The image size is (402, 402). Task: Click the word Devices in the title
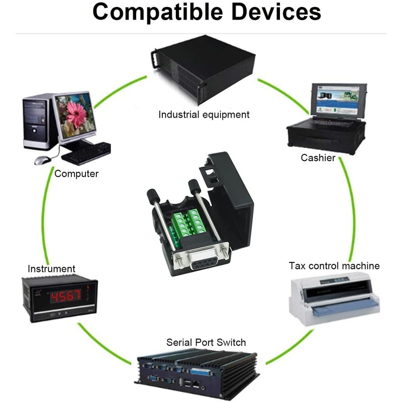pyautogui.click(x=276, y=12)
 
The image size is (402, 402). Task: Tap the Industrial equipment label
pyautogui.click(x=204, y=115)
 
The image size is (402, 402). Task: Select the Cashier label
pyautogui.click(x=318, y=158)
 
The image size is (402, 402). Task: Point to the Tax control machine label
pyautogui.click(x=334, y=266)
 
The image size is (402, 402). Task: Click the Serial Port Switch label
pyautogui.click(x=206, y=342)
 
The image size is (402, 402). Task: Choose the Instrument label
pyautogui.click(x=51, y=269)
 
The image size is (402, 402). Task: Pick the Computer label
pyautogui.click(x=76, y=174)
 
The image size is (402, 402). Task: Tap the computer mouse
pyautogui.click(x=43, y=160)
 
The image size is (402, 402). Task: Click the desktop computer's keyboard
pyautogui.click(x=86, y=153)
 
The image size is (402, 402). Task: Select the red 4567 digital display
pyautogui.click(x=66, y=296)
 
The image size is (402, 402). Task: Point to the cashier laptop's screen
pyautogui.click(x=338, y=100)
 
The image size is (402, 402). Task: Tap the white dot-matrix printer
pyautogui.click(x=335, y=298)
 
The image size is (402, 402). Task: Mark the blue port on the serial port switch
pyautogui.click(x=200, y=372)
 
